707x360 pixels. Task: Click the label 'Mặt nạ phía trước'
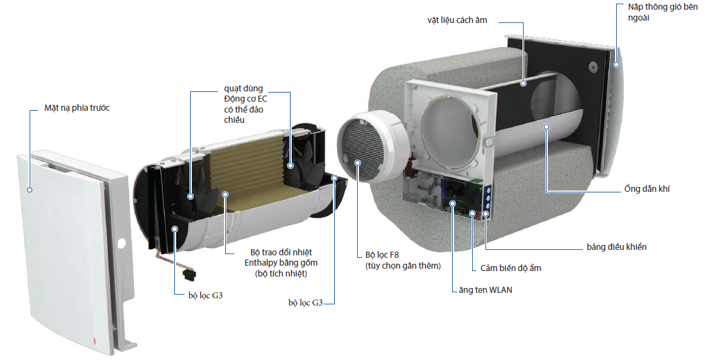click(x=77, y=108)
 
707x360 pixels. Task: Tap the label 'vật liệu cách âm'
click(x=456, y=21)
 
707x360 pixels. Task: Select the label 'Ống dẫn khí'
click(x=647, y=189)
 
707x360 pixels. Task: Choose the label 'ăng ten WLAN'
click(x=485, y=290)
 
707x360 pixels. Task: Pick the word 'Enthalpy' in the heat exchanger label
click(x=261, y=263)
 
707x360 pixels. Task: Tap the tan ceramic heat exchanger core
click(x=248, y=175)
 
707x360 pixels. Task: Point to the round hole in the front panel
click(x=121, y=244)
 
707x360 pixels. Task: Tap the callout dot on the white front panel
click(x=29, y=189)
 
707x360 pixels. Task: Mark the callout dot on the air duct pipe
click(x=546, y=127)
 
